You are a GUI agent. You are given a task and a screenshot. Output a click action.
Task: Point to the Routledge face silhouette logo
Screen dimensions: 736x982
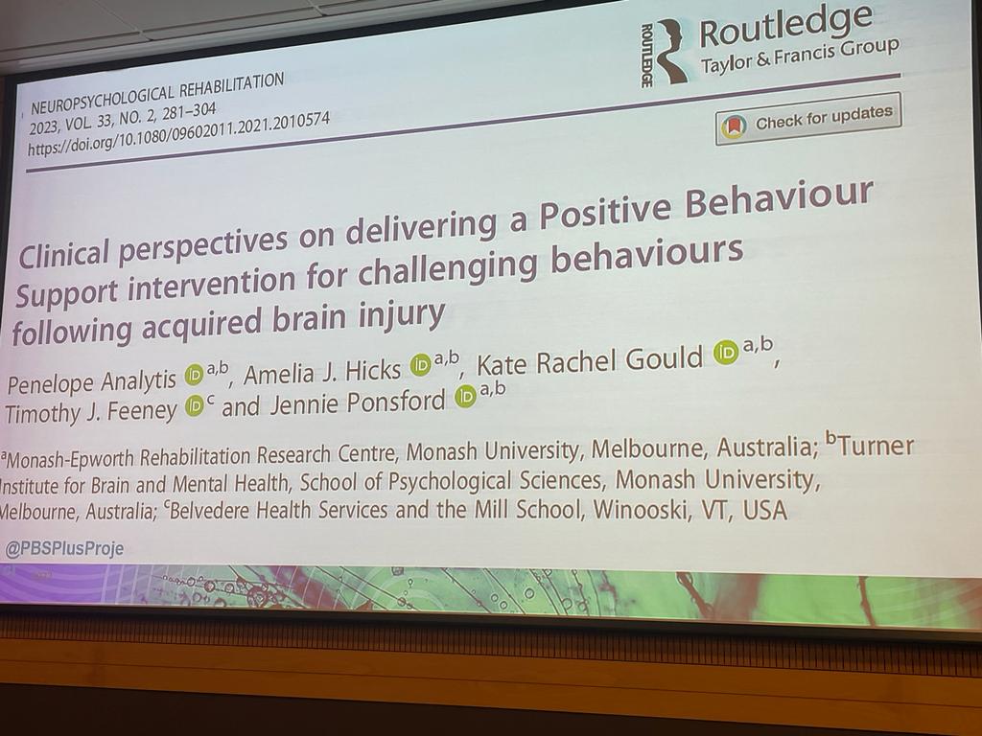point(670,53)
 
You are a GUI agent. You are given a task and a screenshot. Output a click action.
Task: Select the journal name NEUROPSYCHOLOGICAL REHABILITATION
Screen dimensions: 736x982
point(157,92)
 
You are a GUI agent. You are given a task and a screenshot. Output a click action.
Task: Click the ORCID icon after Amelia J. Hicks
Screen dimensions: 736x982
point(421,364)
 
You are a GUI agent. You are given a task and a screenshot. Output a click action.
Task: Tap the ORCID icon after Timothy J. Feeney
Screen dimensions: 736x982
point(195,405)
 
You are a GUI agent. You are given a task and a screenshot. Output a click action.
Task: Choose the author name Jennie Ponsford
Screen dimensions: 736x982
point(354,402)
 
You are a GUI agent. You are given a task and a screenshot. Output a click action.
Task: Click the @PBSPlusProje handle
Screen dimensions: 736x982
point(64,548)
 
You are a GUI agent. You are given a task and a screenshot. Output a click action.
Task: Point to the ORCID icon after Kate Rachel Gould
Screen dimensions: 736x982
point(725,354)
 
